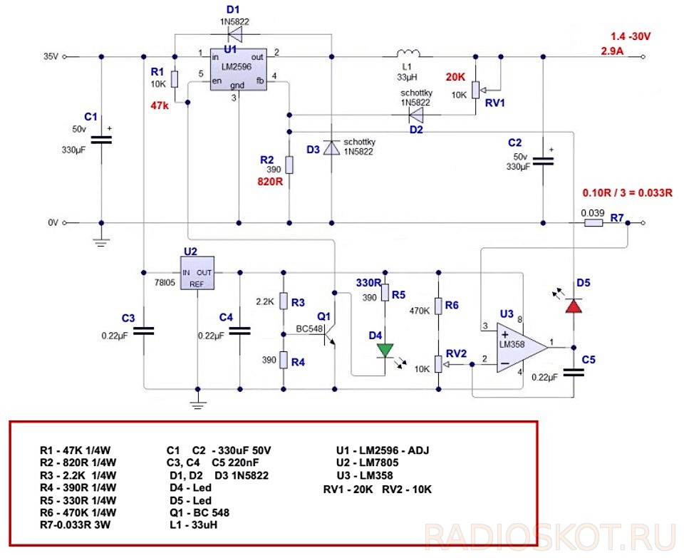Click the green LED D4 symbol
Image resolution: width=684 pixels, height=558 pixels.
coord(385,350)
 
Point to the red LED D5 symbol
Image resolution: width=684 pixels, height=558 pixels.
coord(574,306)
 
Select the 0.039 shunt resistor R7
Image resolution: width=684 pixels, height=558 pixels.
coord(593,223)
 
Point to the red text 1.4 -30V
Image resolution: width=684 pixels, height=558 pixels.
coord(630,37)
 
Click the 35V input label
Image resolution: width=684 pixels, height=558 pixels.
coord(51,56)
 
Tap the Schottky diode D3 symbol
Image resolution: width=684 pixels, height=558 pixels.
coord(331,148)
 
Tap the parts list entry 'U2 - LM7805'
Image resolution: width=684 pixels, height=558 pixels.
coord(372,463)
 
